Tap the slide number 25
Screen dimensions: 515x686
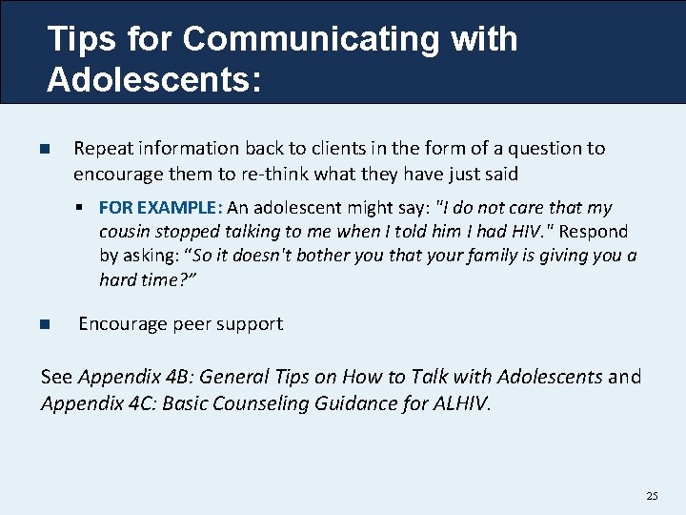652,496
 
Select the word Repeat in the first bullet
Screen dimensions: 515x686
104,149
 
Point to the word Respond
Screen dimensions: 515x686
595,232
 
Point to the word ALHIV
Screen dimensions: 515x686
459,403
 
